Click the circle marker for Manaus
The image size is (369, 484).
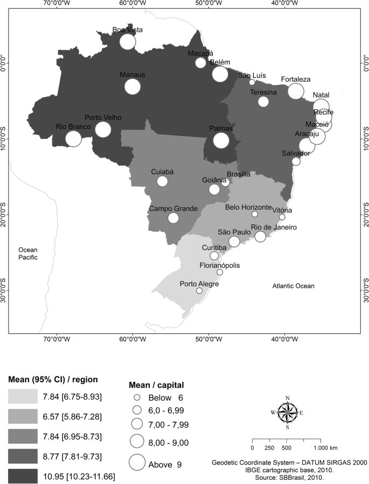(133, 86)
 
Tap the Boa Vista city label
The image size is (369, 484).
(127, 30)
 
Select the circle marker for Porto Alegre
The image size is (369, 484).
(199, 290)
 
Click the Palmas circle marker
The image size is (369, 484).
(221, 140)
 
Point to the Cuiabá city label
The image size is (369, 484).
(162, 173)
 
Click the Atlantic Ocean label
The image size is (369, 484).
(293, 286)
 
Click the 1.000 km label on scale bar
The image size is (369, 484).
(326, 447)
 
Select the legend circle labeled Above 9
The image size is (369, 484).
(137, 462)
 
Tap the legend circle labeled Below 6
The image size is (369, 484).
(137, 397)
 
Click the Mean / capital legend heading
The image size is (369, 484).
(157, 385)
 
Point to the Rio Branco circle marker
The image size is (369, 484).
(73, 138)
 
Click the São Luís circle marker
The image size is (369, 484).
(252, 82)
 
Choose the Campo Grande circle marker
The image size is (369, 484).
(173, 218)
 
